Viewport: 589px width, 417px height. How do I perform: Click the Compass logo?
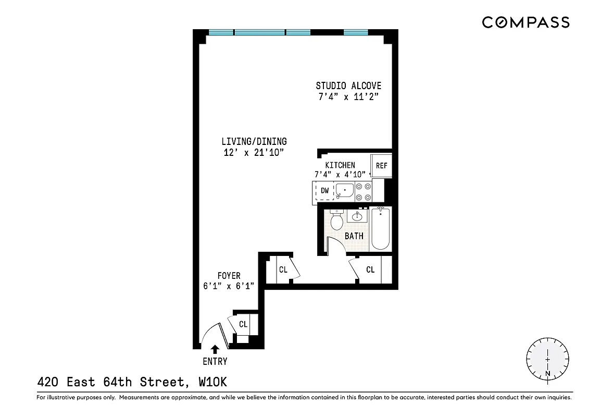(525, 22)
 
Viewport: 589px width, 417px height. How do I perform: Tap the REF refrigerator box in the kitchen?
(382, 166)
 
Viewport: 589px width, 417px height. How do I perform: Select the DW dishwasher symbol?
(324, 191)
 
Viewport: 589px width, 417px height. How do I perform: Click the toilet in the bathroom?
(336, 220)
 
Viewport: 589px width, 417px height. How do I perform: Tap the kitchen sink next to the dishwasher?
(344, 191)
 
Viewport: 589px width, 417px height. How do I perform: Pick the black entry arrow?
(215, 349)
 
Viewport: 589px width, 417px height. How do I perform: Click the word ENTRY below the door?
(215, 361)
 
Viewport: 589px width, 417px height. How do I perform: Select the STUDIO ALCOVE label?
(348, 86)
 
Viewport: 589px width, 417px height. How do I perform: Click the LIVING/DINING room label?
(254, 141)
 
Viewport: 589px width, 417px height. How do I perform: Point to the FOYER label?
(229, 276)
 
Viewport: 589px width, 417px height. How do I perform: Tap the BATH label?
(354, 236)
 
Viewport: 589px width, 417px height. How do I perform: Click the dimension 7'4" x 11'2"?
(348, 97)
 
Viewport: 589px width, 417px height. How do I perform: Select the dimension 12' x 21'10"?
(254, 152)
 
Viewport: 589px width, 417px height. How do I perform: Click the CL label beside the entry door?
(243, 324)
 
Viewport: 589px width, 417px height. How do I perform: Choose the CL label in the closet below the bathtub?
(370, 270)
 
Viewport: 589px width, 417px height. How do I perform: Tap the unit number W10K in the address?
(213, 383)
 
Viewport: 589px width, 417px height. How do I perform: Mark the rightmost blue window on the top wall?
(356, 32)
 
